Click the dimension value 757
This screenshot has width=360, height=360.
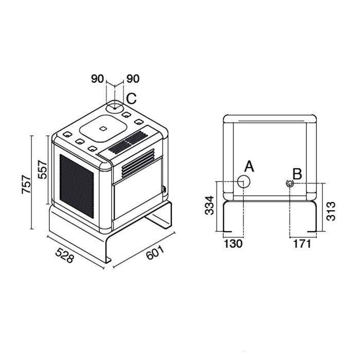click(x=26, y=184)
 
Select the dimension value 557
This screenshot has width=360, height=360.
click(x=43, y=170)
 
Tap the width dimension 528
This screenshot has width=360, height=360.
click(x=65, y=255)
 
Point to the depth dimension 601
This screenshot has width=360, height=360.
click(x=155, y=253)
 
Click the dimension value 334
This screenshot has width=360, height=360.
click(x=209, y=205)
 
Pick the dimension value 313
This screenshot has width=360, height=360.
click(x=331, y=211)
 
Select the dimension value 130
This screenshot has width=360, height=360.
click(x=233, y=244)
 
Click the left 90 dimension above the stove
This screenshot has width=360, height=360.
click(x=98, y=79)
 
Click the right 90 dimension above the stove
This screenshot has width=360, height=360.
click(x=133, y=79)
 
